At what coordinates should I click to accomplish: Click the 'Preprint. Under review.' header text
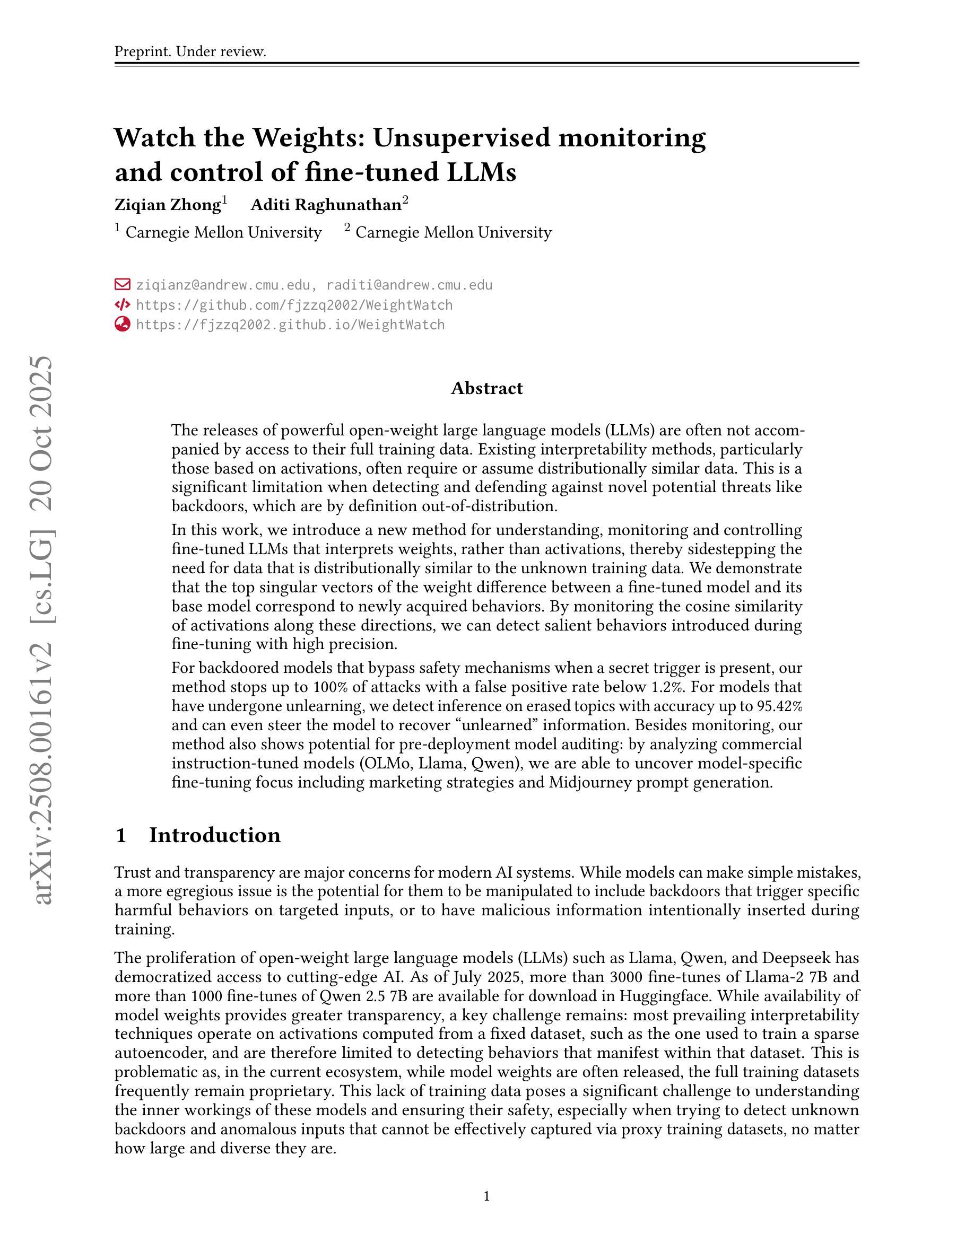pos(190,51)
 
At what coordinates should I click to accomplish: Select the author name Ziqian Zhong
pos(167,205)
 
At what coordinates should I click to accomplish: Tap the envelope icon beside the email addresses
pos(123,284)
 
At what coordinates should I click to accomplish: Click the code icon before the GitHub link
pos(123,304)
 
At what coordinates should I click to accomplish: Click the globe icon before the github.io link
pos(123,324)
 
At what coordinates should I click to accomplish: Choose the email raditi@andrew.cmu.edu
pos(409,285)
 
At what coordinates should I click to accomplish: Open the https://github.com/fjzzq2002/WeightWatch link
pos(294,305)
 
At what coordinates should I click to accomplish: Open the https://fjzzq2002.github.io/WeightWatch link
pos(290,325)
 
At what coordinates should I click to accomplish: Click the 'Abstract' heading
pos(486,388)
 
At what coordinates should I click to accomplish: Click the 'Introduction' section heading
pos(215,835)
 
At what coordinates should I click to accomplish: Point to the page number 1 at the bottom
pos(486,1196)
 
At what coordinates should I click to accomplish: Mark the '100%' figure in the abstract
pos(329,687)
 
